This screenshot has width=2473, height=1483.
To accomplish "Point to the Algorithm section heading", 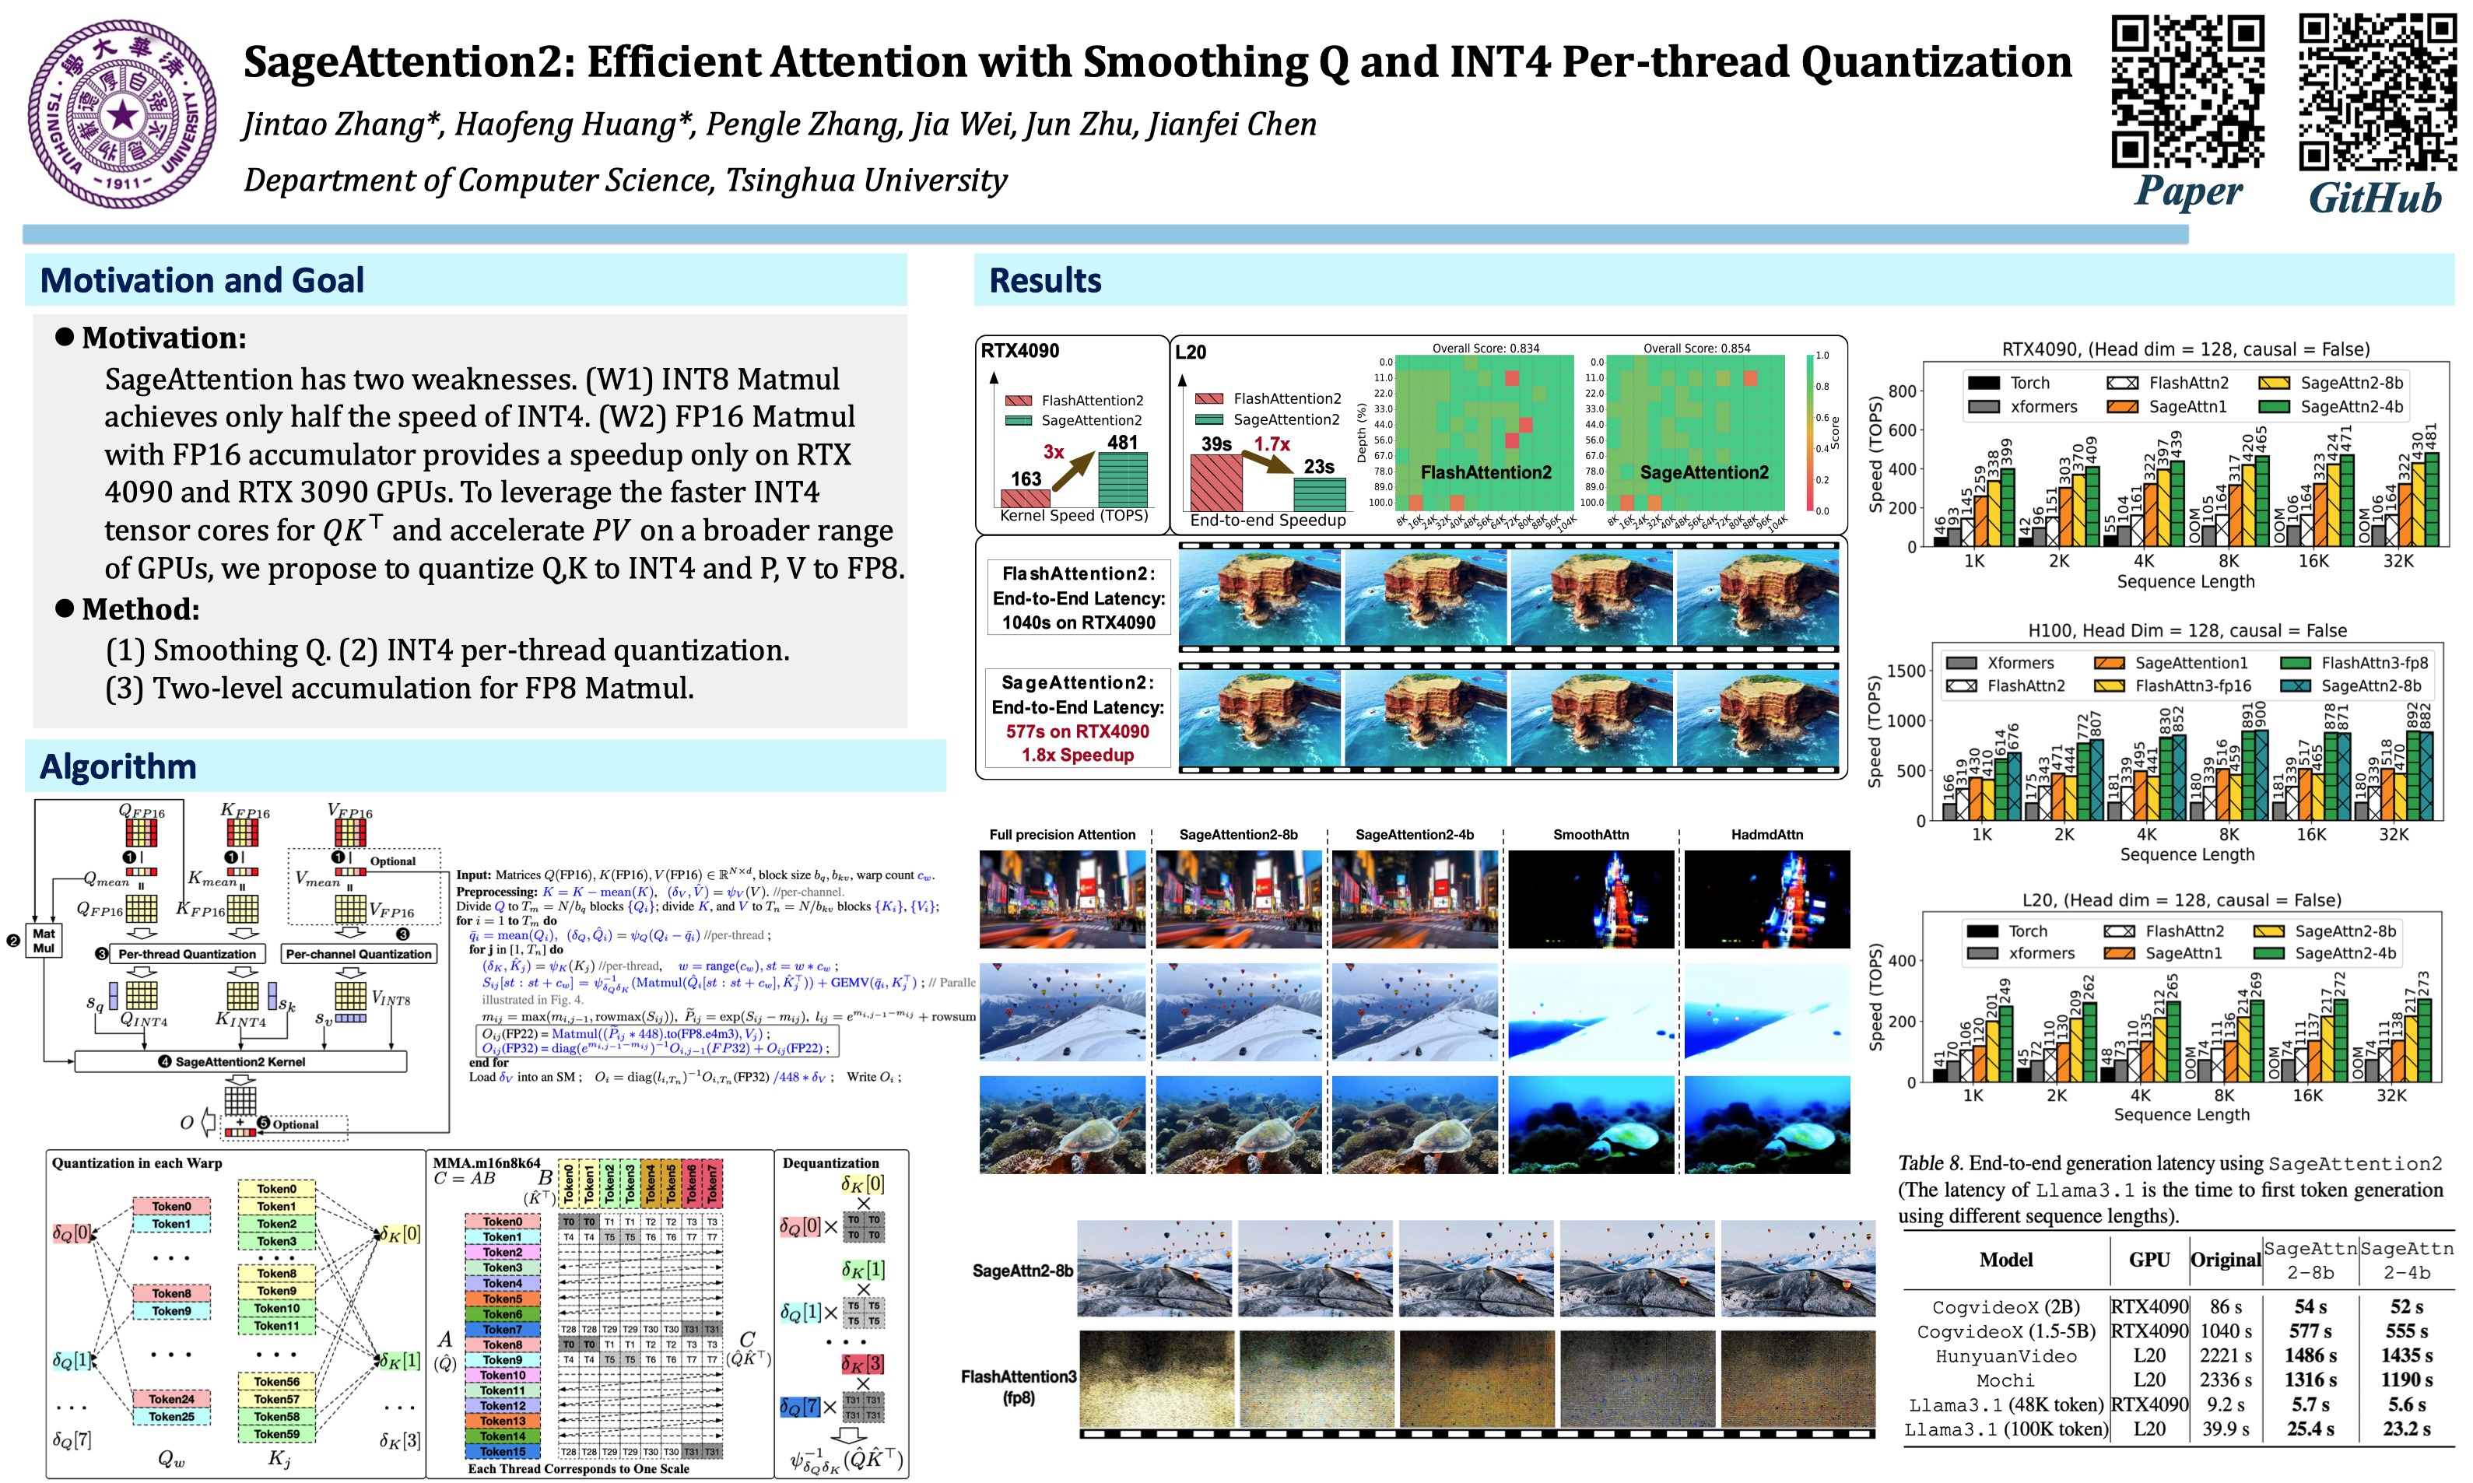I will pyautogui.click(x=118, y=766).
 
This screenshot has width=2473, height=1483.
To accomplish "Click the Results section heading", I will pyautogui.click(x=1044, y=281).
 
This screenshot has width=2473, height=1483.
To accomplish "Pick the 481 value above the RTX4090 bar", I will pyautogui.click(x=1122, y=442).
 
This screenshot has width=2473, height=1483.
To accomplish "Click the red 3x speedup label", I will pyautogui.click(x=1053, y=452).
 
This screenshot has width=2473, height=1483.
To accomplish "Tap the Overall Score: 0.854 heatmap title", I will pyautogui.click(x=1696, y=348).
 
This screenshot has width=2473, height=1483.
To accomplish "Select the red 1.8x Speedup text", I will pyautogui.click(x=1077, y=756).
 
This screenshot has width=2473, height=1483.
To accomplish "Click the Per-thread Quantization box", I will pyautogui.click(x=187, y=955).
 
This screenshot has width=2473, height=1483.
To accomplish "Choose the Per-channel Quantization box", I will pyautogui.click(x=359, y=955).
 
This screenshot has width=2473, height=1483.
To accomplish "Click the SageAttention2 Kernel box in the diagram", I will pyautogui.click(x=240, y=1061).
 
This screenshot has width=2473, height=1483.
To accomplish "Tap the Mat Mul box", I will pyautogui.click(x=44, y=941).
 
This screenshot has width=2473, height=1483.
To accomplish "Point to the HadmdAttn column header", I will pyautogui.click(x=1766, y=834).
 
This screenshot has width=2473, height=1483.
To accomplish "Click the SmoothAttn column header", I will pyautogui.click(x=1591, y=834).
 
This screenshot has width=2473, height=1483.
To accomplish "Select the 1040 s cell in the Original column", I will pyautogui.click(x=2226, y=1331).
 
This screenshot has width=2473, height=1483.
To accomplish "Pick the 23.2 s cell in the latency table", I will pyautogui.click(x=2406, y=1429).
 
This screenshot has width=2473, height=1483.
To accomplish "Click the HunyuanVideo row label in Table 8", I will pyautogui.click(x=2005, y=1356).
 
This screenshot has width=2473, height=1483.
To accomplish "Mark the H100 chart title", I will pyautogui.click(x=2186, y=630).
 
